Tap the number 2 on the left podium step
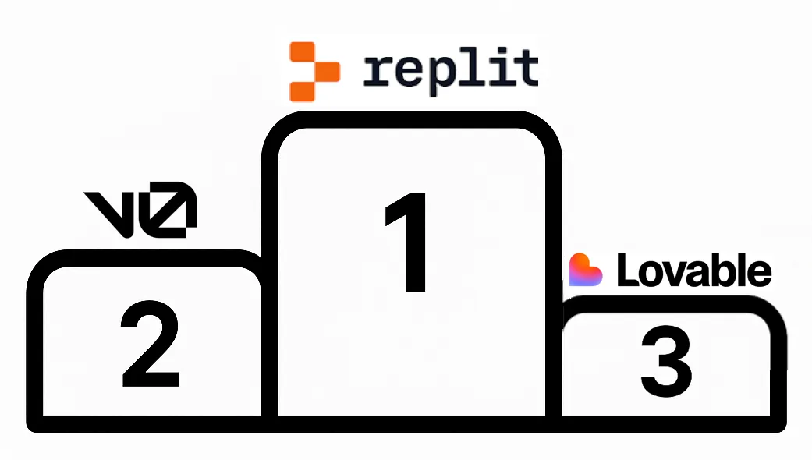(151, 345)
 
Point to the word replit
(451, 70)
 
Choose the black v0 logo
(140, 211)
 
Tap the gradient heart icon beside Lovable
(587, 270)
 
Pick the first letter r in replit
(378, 72)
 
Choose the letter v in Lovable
(670, 274)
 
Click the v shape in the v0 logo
(111, 212)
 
